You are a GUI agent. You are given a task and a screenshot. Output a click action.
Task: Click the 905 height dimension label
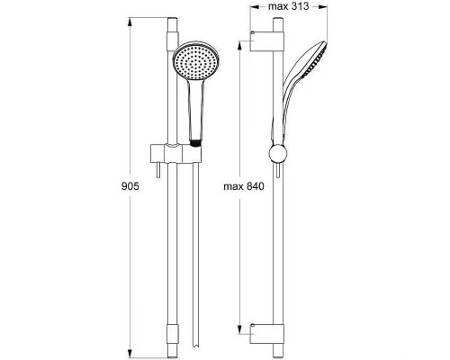point(130,186)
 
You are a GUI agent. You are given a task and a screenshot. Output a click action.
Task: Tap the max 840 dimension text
point(244,186)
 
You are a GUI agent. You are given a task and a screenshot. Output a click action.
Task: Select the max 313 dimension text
point(288,6)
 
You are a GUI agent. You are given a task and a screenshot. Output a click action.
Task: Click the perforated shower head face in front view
point(196,61)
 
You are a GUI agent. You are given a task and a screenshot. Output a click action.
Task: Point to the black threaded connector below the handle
point(195,143)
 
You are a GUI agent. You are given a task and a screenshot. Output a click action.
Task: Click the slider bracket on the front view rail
point(175,153)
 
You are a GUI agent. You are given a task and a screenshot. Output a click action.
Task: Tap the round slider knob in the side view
point(278,154)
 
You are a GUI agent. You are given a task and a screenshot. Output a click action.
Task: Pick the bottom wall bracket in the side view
point(266,334)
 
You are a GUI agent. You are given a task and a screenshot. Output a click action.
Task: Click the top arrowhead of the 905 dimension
point(130,22)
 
